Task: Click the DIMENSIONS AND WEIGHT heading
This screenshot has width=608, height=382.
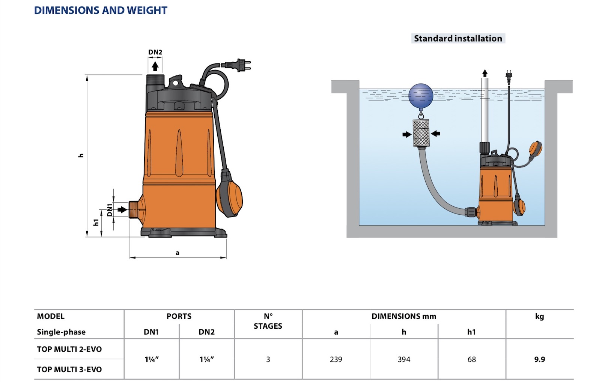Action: pyautogui.click(x=101, y=10)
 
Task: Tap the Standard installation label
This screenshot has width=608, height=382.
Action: pyautogui.click(x=458, y=38)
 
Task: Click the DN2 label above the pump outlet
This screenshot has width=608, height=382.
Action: pyautogui.click(x=155, y=52)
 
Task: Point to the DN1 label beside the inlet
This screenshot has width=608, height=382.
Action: pyautogui.click(x=110, y=210)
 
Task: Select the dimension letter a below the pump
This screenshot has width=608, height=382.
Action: pyautogui.click(x=178, y=253)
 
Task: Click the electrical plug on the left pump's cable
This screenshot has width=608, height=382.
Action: pyautogui.click(x=236, y=65)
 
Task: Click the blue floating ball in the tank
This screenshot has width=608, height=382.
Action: pyautogui.click(x=421, y=96)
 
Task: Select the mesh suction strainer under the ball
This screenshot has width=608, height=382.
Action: pyautogui.click(x=421, y=133)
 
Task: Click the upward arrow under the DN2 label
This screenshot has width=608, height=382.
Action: pyautogui.click(x=155, y=66)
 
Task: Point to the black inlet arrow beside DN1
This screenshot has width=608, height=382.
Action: pyautogui.click(x=122, y=209)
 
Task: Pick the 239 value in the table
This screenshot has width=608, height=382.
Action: pyautogui.click(x=336, y=359)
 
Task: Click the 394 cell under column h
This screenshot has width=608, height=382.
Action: pyautogui.click(x=404, y=359)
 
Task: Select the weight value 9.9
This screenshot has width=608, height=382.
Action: pyautogui.click(x=540, y=359)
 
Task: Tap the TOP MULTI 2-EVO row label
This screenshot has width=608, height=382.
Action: pyautogui.click(x=69, y=349)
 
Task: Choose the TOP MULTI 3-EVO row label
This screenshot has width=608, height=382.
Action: pyautogui.click(x=69, y=369)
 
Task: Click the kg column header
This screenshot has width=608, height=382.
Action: pyautogui.click(x=540, y=317)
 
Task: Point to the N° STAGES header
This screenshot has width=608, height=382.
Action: pyautogui.click(x=268, y=321)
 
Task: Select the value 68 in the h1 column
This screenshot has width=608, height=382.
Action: pyautogui.click(x=471, y=359)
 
